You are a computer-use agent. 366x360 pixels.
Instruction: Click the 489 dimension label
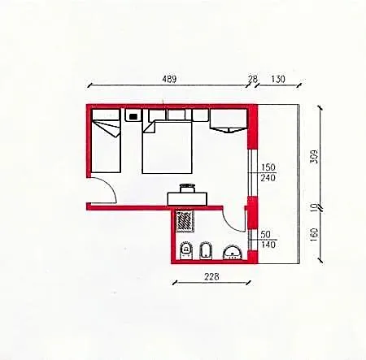pos(169,79)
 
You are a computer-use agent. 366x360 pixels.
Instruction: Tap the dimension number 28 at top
pos(252,79)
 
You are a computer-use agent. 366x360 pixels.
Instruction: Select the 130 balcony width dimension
pos(278,79)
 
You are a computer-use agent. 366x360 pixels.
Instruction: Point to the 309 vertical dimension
pos(314,156)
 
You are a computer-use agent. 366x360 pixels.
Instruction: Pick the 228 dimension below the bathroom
pos(211,276)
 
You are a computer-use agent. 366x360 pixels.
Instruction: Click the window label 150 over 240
pos(268,172)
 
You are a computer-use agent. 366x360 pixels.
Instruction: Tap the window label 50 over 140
pos(268,240)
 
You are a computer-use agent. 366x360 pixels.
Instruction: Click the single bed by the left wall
pos(106,141)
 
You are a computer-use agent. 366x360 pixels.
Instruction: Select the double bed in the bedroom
pos(167,147)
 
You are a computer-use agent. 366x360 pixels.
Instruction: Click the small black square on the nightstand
pos(133,117)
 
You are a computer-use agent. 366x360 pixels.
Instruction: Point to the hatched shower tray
pos(185,221)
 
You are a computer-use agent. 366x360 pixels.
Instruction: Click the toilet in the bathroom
pos(186,250)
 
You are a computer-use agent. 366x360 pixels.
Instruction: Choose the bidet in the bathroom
pos(206,250)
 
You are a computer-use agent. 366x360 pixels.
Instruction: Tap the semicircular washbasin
pos(233,253)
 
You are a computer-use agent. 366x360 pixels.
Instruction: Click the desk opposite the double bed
pos(187,198)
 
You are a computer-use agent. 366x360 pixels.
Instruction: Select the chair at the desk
pos(187,188)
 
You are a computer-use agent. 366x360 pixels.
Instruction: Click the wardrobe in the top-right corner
pos(229,120)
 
